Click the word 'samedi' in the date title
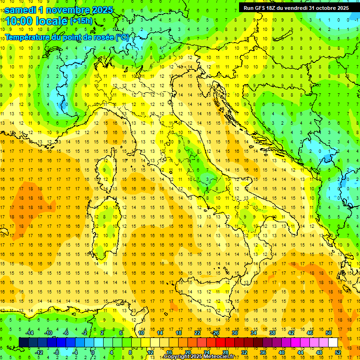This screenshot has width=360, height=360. coord(21,9)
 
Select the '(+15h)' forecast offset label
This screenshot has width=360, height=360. coord(81,21)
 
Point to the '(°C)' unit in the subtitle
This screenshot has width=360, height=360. coord(121,37)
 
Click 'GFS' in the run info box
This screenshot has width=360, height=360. coord(260,8)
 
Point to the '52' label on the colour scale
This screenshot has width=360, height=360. coord(338,352)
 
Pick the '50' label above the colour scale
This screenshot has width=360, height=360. coord(329,333)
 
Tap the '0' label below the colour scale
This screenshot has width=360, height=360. coord(93,352)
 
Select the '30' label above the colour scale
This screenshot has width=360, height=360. coord(235,333)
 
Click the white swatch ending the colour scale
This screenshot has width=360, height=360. coord(333,342)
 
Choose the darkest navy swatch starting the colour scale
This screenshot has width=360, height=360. coord(23,342)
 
